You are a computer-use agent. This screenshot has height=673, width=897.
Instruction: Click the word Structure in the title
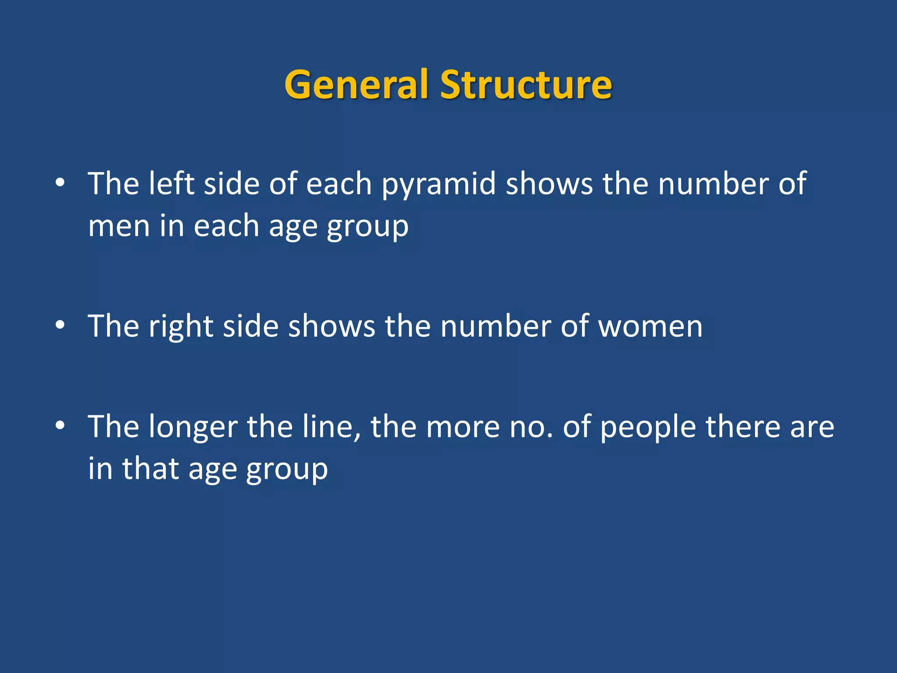click(x=526, y=84)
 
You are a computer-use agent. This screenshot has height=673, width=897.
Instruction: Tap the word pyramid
click(x=438, y=184)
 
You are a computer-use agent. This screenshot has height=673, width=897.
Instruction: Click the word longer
click(x=193, y=427)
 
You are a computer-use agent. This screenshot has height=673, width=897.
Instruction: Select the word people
click(x=648, y=427)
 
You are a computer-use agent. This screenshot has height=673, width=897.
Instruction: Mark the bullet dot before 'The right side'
click(x=60, y=325)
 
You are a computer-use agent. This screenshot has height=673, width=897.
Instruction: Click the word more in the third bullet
click(x=463, y=427)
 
